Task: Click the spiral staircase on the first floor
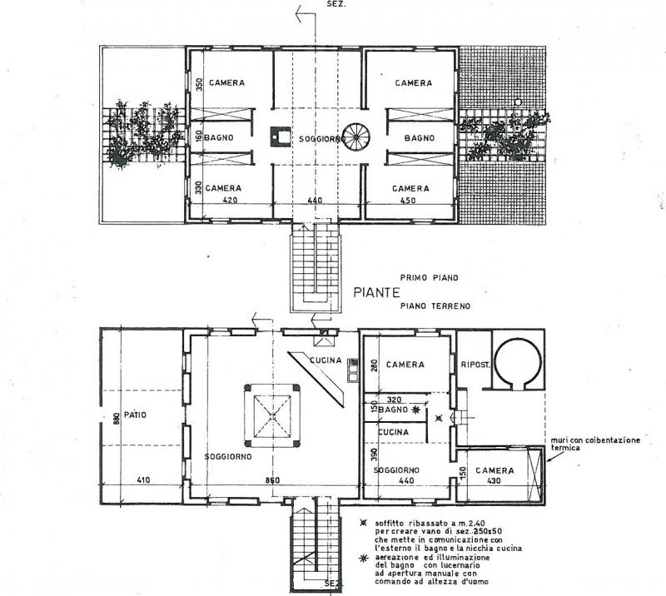point(356,137)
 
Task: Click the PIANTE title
point(377,292)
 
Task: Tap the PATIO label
point(135,415)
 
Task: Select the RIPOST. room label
point(475,365)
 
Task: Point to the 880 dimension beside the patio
point(117,419)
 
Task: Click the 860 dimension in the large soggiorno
point(272,480)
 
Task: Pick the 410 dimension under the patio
point(143,480)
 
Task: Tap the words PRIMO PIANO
point(430,278)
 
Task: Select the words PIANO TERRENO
point(435,305)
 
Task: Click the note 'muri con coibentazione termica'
point(595,444)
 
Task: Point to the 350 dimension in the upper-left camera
point(200,82)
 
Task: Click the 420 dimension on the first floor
point(230,200)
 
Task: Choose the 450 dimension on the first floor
point(408,200)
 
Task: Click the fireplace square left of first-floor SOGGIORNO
point(281,137)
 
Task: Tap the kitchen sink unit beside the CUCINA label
point(353,370)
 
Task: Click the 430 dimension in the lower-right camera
point(494,481)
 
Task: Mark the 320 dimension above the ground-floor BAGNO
point(394,400)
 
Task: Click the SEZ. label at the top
point(336,4)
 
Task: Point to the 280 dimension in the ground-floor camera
point(374,365)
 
